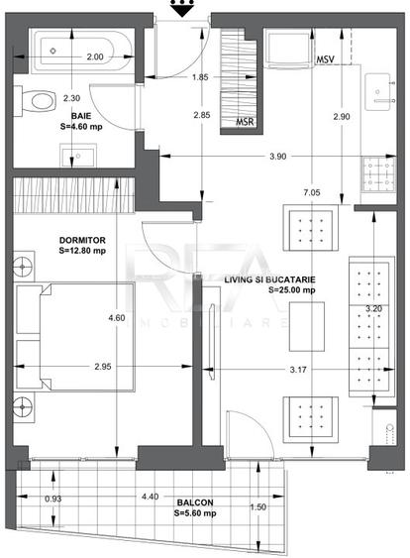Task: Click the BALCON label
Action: pos(192,502)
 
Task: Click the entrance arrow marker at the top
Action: pos(180,9)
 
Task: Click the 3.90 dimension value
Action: pos(278,156)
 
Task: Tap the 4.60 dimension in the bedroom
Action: pos(118,317)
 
